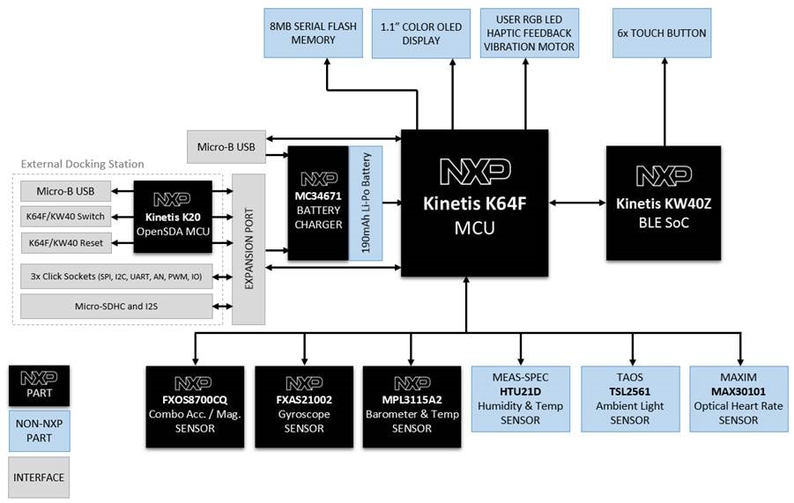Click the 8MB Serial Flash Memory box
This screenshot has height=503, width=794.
[313, 33]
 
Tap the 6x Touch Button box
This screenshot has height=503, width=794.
[661, 33]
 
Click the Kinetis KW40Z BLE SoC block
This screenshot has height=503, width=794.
[664, 203]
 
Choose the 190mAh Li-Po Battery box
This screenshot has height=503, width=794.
[366, 203]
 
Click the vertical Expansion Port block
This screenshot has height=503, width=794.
[249, 248]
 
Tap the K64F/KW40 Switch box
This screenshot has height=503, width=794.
[67, 217]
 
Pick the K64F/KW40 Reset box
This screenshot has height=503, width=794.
[67, 241]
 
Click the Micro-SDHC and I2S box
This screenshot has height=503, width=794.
[116, 307]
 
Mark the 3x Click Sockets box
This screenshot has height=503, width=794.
[116, 277]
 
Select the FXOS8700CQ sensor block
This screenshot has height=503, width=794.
[194, 398]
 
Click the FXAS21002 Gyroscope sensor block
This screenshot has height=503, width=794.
[303, 398]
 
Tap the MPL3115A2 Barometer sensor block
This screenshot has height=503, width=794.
[411, 398]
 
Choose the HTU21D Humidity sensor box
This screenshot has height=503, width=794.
[519, 398]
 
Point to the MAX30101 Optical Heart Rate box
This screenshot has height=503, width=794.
[737, 398]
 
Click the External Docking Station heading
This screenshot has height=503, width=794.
[82, 164]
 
